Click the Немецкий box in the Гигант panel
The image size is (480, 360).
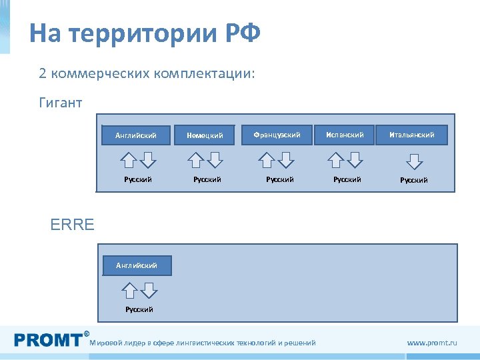[x=205, y=135]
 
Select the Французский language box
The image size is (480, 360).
[x=277, y=135]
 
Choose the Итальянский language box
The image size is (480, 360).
[x=412, y=135]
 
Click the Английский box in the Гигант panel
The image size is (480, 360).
[x=136, y=135]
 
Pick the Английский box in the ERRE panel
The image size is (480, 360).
[x=137, y=265]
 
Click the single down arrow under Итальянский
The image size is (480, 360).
[x=414, y=160]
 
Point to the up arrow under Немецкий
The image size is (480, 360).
[x=196, y=160]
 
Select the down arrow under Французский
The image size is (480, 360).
[x=286, y=160]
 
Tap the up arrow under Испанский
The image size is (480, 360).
[x=337, y=160]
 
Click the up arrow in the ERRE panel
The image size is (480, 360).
[x=131, y=290]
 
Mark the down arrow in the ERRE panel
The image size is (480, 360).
[x=149, y=290]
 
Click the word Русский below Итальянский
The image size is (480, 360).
[x=414, y=180]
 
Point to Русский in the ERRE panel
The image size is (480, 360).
[x=139, y=309]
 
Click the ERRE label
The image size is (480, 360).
[x=73, y=225]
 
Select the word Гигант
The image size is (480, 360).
[x=61, y=103]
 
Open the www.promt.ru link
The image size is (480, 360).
[x=432, y=343]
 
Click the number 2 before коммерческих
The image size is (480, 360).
[x=43, y=73]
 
